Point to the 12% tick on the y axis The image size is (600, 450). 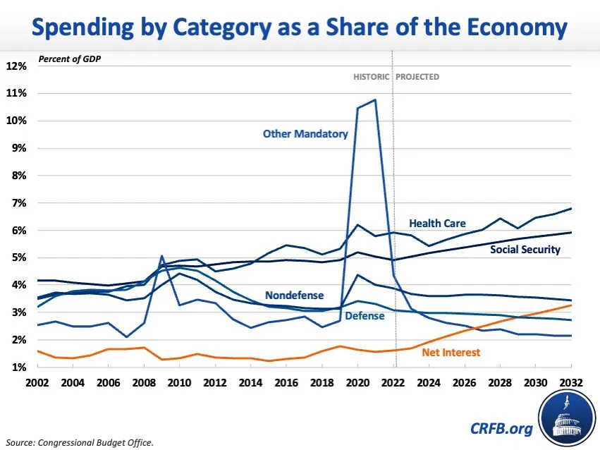point(17,66)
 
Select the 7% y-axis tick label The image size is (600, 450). point(19,203)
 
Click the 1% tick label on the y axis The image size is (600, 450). point(19,367)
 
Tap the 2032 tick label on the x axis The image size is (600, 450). point(570,381)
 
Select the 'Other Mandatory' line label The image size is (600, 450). point(305,133)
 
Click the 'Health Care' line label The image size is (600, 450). point(437,223)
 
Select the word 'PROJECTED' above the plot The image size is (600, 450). point(418,77)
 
